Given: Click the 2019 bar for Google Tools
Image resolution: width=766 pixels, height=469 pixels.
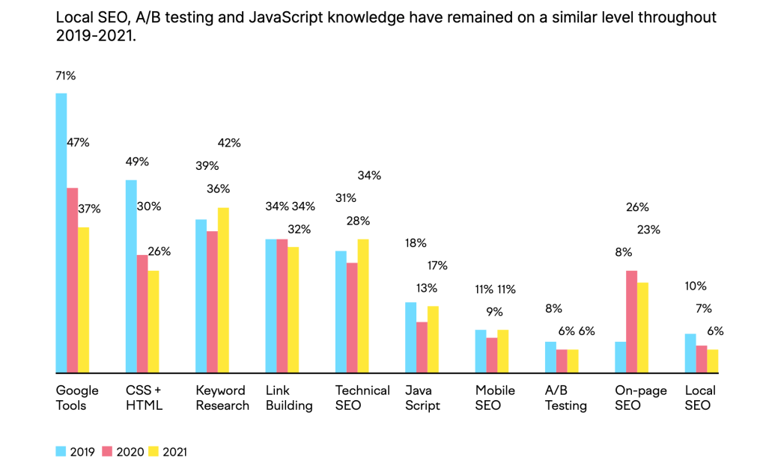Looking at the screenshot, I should point(61,232).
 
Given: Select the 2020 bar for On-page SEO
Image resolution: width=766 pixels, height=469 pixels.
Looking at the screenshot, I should point(631,321).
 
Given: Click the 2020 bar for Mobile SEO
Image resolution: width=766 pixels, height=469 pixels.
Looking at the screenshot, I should point(492,355).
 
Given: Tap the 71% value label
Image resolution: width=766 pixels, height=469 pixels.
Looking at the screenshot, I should point(65,76).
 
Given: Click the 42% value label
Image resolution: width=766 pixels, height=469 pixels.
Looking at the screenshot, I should point(229,143).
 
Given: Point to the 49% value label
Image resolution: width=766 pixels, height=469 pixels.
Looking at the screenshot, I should point(137,162).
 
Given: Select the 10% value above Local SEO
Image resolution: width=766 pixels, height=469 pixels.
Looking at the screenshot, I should point(696,286).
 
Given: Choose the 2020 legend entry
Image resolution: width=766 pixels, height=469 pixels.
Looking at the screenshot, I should point(121,452).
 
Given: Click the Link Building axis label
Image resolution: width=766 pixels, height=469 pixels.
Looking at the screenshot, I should point(289,398).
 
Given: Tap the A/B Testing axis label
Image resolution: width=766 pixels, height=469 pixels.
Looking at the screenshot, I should point(566,398).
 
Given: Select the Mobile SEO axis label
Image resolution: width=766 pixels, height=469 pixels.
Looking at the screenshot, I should point(495,398).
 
